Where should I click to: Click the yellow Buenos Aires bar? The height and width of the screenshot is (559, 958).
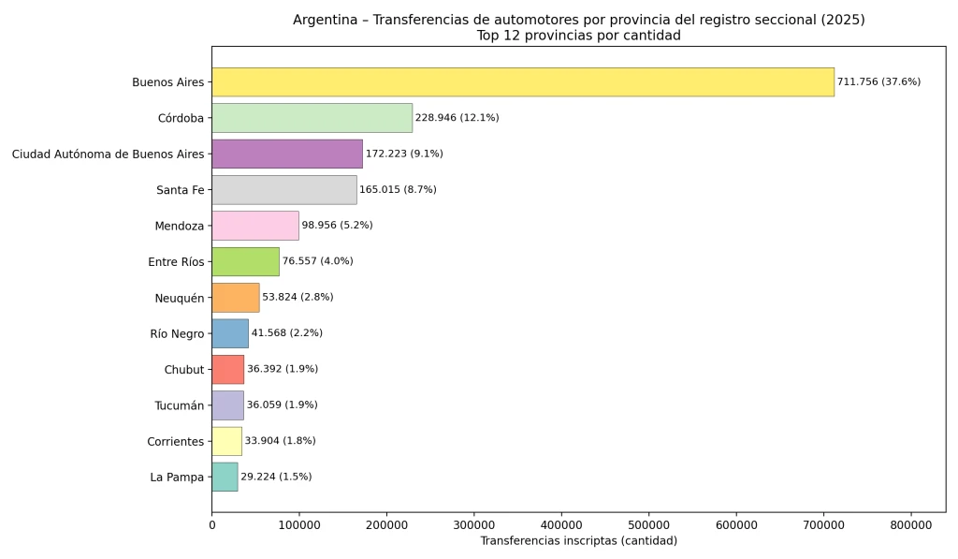[x=522, y=81]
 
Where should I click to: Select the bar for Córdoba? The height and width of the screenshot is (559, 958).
[x=312, y=118]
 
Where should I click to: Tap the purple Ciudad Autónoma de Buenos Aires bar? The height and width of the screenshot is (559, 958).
[x=286, y=154]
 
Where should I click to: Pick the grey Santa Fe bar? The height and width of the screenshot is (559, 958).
[x=283, y=189]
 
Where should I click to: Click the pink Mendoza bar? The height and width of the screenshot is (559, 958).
[x=254, y=226]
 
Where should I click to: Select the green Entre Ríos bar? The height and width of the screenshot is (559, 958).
[x=245, y=261]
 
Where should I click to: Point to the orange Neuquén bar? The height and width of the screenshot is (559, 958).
[x=235, y=297]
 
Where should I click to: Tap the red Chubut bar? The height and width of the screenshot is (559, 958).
[x=227, y=369]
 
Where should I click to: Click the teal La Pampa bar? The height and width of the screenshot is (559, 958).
[x=225, y=477]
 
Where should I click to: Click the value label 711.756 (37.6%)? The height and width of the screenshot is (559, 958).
[x=878, y=81]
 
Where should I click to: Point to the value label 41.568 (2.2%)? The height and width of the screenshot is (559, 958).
[x=287, y=333]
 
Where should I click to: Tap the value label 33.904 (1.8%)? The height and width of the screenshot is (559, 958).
[x=280, y=441]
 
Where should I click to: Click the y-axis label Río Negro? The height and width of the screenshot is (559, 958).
[x=177, y=333]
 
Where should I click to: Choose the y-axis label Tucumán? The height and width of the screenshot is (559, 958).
[x=179, y=405]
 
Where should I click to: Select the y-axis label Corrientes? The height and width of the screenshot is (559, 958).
[x=175, y=441]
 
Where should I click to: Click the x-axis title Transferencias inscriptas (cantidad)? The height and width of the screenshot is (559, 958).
[x=578, y=541]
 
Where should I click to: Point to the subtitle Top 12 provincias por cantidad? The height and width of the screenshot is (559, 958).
[x=578, y=36]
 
